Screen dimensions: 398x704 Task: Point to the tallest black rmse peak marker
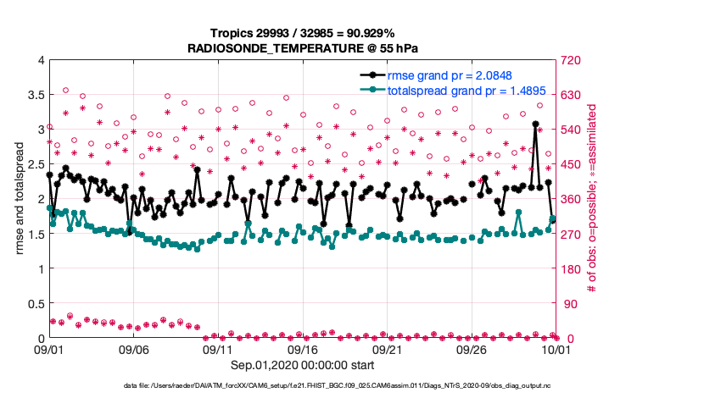(535, 124)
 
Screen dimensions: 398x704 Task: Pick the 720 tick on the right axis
(567, 60)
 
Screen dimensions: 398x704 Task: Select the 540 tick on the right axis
(567, 130)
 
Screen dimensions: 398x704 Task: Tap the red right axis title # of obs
(593, 199)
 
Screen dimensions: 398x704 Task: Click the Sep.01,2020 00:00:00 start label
(301, 366)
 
